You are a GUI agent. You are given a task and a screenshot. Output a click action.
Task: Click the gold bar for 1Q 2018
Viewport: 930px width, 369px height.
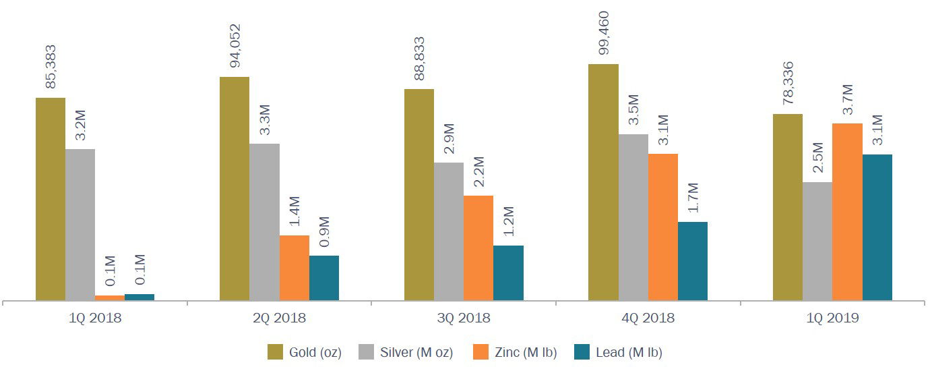pyautogui.click(x=51, y=199)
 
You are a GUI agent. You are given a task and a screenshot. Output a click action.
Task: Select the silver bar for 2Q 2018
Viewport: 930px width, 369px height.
pyautogui.click(x=264, y=222)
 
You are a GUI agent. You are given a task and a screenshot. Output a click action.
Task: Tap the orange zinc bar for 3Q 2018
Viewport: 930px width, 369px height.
pyautogui.click(x=478, y=248)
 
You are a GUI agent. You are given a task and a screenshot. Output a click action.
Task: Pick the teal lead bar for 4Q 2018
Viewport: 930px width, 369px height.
pyautogui.click(x=693, y=261)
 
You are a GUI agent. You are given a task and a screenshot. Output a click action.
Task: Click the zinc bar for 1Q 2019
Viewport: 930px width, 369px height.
pyautogui.click(x=847, y=212)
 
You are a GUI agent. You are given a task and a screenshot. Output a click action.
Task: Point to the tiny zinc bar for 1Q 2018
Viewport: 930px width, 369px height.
pyautogui.click(x=109, y=297)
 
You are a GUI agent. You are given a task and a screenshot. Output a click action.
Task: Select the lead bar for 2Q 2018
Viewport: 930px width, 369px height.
pyautogui.click(x=324, y=278)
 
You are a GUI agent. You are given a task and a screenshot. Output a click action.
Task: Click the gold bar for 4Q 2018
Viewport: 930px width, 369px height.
pyautogui.click(x=603, y=182)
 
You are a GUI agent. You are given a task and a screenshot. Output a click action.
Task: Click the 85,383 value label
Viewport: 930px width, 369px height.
pyautogui.click(x=51, y=67)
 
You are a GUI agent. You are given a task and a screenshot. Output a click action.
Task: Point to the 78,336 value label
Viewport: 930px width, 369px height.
pyautogui.click(x=788, y=84)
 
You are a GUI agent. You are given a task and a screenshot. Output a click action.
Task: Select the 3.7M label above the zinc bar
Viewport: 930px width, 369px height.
pyautogui.click(x=848, y=100)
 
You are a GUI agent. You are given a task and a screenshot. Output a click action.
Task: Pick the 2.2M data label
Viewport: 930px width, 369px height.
pyautogui.click(x=478, y=173)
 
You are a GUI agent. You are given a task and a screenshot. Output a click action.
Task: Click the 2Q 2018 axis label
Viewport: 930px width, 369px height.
pyautogui.click(x=279, y=318)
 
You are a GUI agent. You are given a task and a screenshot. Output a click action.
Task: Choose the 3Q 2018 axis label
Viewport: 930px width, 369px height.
pyautogui.click(x=463, y=318)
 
